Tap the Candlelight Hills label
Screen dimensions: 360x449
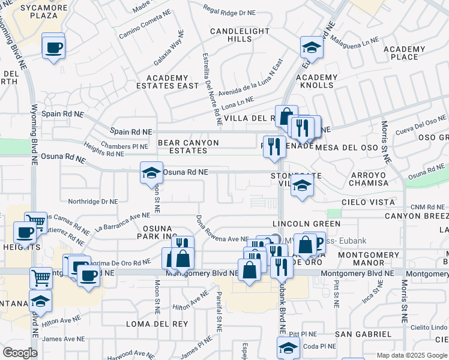(231, 34)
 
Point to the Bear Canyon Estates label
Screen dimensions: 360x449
(188, 146)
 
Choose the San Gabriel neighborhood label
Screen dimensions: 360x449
(360, 334)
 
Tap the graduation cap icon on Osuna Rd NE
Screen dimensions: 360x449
(151, 173)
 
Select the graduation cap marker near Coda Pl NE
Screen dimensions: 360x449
(288, 348)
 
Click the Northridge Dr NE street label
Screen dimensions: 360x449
(92, 202)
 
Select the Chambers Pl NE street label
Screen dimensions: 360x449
(125, 146)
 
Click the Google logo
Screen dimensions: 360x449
(20, 353)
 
